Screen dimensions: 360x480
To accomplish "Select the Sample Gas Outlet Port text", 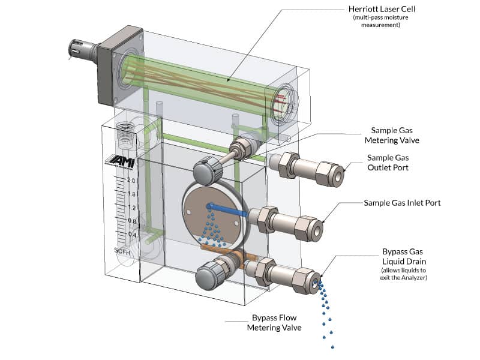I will coord(389,163).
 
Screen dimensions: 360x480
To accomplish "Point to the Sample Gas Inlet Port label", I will coord(402,203).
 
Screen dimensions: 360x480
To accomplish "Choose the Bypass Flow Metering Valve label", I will coord(274,322).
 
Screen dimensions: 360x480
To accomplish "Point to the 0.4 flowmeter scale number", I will coord(133,234).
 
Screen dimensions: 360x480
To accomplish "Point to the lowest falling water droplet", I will coord(332,347).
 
